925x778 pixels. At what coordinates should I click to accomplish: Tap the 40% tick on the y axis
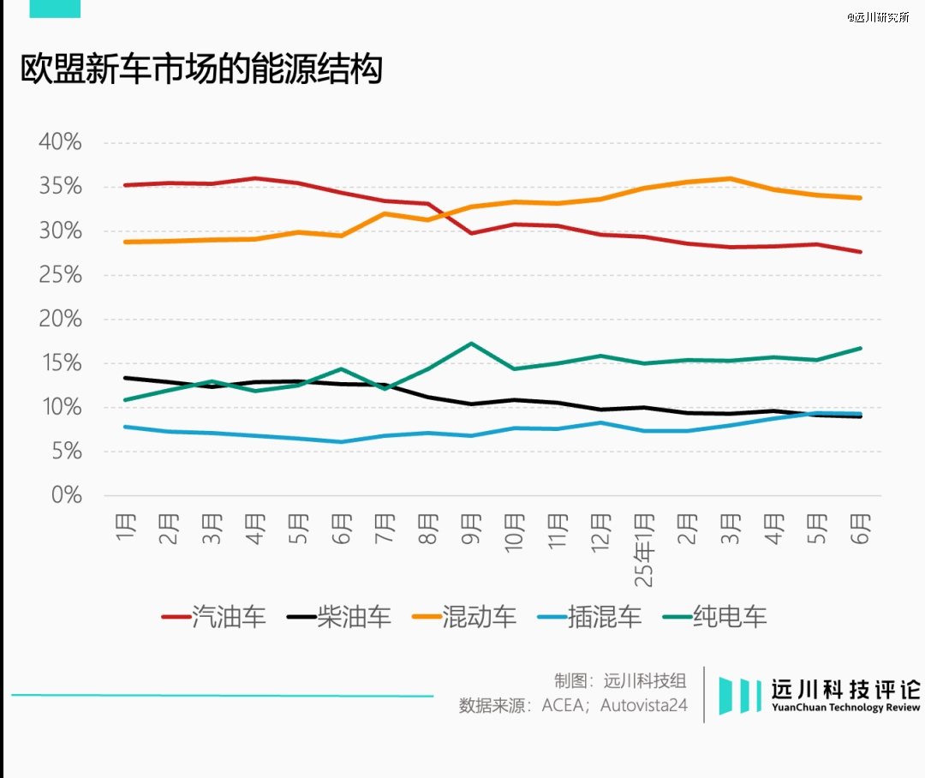(60, 142)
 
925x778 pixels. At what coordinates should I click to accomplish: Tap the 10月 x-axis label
(515, 533)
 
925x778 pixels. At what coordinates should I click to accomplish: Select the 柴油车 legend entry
(354, 617)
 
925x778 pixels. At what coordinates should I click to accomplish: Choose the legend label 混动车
(480, 617)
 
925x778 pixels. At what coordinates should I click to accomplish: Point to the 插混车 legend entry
(605, 617)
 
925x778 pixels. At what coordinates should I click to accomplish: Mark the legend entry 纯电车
(730, 617)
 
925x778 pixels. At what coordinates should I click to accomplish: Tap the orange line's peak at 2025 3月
(730, 178)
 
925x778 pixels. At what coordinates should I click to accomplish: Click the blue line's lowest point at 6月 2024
(341, 442)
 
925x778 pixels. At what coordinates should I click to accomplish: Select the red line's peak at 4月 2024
(254, 178)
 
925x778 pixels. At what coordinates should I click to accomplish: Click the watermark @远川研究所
(878, 17)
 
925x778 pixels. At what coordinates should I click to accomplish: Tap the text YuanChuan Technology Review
(845, 708)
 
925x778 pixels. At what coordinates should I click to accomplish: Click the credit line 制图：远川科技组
(620, 681)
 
